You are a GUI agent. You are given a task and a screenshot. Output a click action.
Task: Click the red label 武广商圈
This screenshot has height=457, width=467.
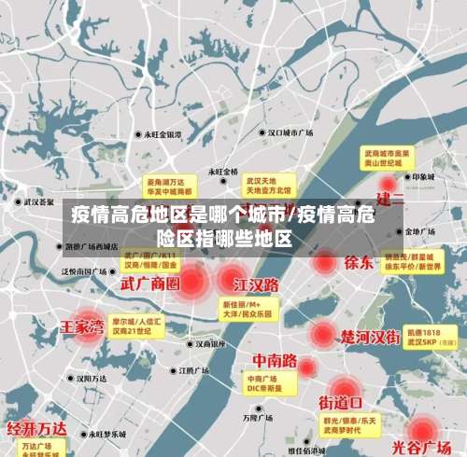coord(149,282)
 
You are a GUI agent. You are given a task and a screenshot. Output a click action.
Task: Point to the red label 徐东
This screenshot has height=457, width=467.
coord(359,262)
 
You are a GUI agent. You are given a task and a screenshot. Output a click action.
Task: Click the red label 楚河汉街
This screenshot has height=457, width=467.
coord(370,335)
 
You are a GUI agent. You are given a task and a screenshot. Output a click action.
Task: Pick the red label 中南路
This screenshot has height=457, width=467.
coord(276,360)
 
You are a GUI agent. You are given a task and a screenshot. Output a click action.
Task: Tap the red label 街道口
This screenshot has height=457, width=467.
coord(341,403)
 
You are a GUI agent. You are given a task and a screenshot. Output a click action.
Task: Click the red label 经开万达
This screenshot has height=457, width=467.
coord(36,429)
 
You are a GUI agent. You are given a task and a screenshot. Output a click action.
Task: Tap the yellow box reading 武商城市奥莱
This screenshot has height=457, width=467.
coord(388,156)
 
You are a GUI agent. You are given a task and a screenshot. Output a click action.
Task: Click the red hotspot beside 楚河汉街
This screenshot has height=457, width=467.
coord(322,334)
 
